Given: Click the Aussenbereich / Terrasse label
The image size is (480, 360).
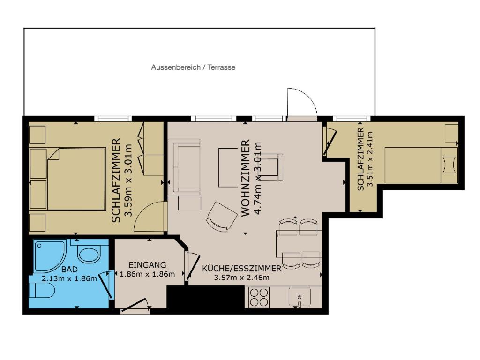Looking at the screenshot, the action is tap(193, 67).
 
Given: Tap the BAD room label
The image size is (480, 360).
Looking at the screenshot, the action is tap(69, 270).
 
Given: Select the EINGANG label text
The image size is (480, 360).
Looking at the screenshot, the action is tap(147, 265).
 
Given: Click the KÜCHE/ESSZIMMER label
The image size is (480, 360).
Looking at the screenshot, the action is tap(241, 269).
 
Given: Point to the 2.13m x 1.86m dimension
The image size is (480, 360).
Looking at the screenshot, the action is tap(69, 278).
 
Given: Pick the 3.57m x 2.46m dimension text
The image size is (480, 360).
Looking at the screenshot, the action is tap(241, 277).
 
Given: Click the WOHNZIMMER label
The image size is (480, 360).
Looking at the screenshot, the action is tap(246, 178).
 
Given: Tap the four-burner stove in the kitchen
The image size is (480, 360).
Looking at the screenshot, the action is tap(259, 297).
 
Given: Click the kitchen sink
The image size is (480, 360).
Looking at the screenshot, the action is tap(300, 297).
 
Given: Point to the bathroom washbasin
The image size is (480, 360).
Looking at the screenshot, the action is tap(89, 254).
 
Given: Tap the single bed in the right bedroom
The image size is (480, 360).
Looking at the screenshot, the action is tap(421, 165).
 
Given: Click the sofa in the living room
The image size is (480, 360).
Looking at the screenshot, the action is tap(186, 167).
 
